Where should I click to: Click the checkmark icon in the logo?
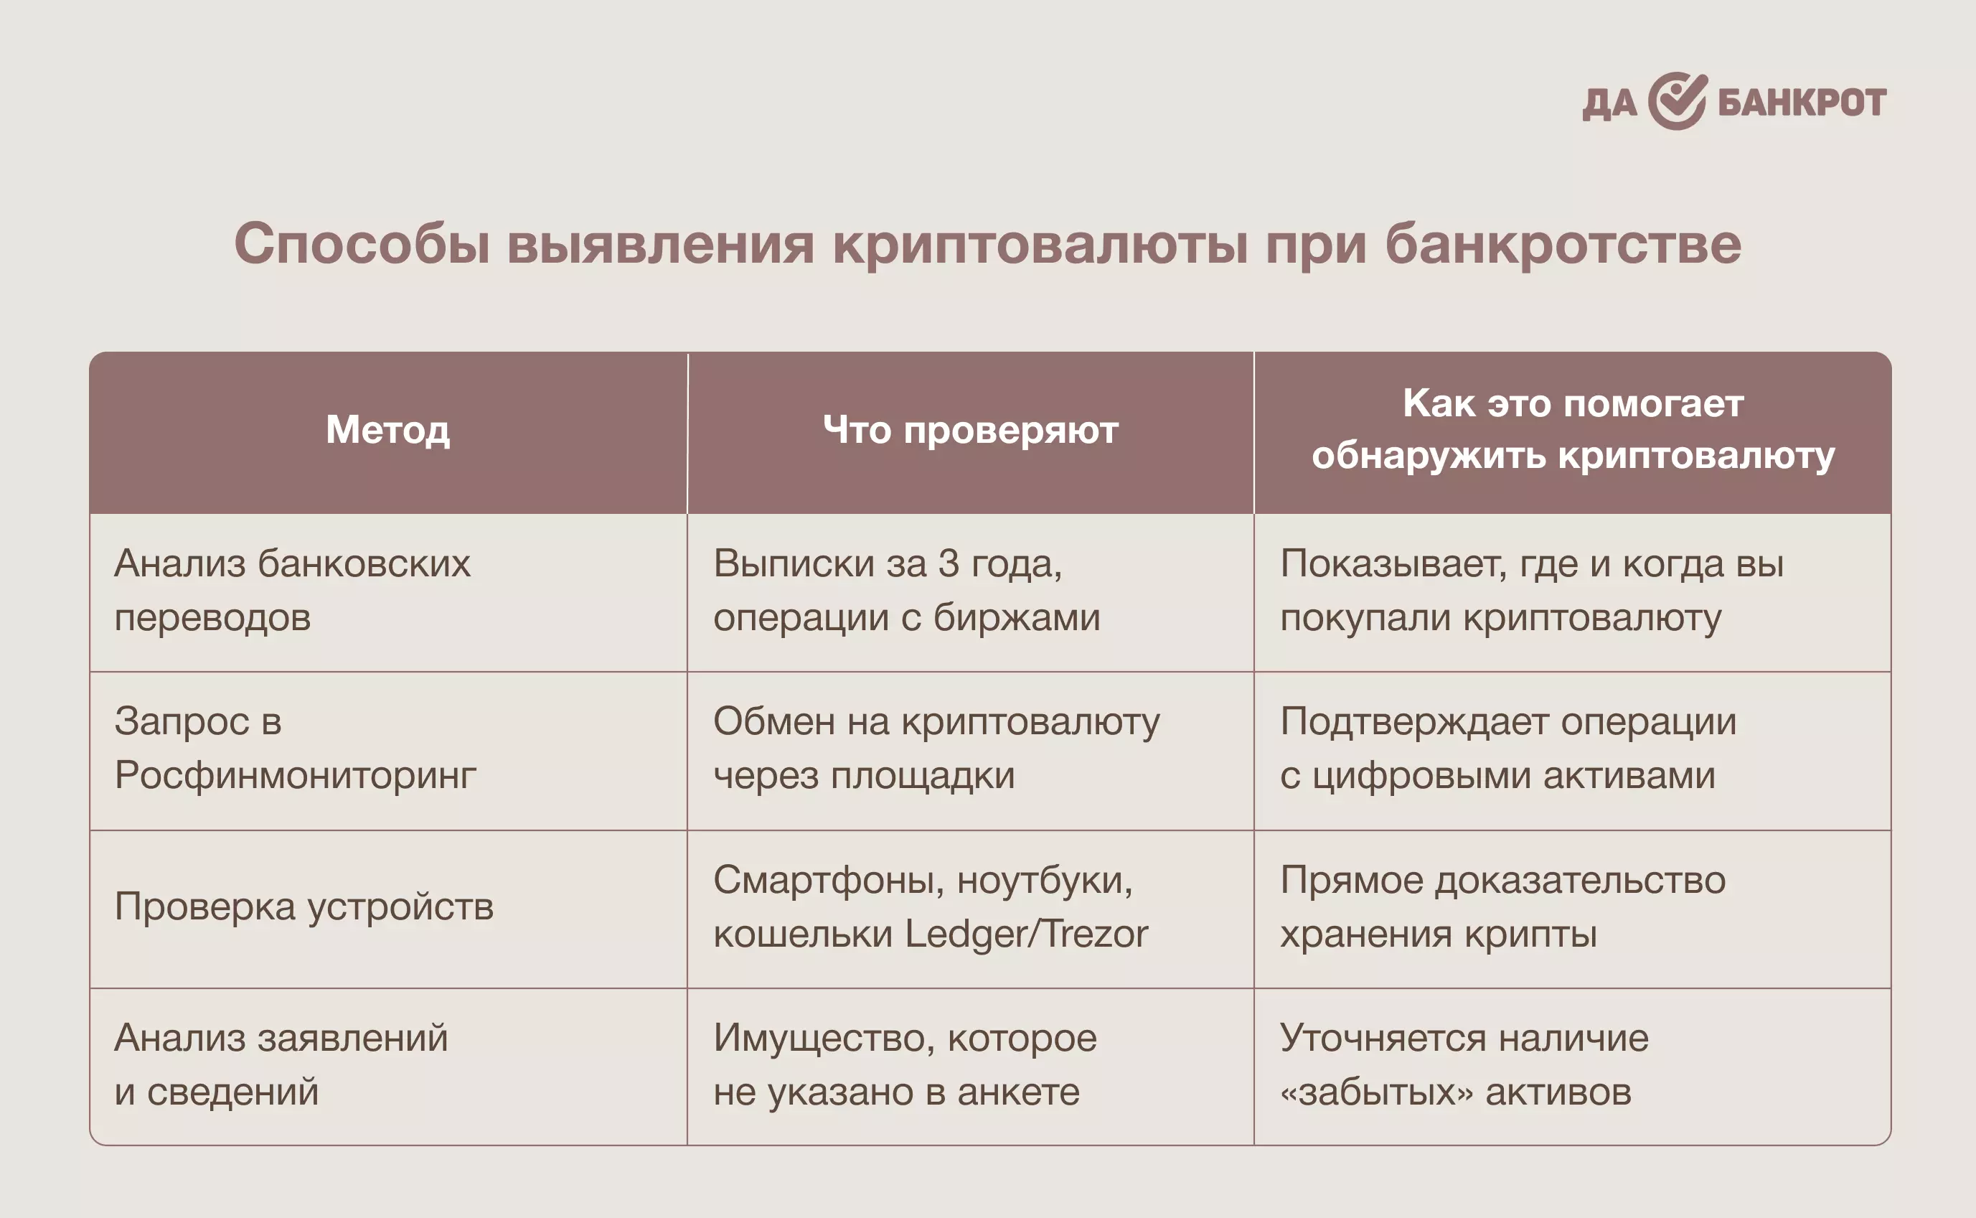click(1678, 100)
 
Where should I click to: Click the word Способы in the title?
click(362, 243)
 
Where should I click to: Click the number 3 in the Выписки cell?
click(949, 564)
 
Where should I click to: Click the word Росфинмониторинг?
click(296, 776)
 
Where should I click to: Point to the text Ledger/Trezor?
click(1027, 934)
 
